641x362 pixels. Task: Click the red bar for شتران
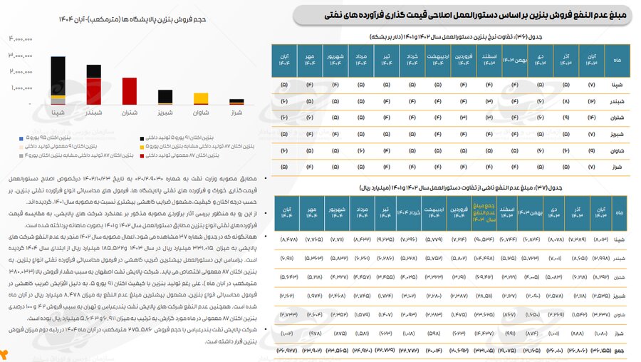[x=129, y=91]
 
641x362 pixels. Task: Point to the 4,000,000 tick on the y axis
[x=22, y=39]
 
